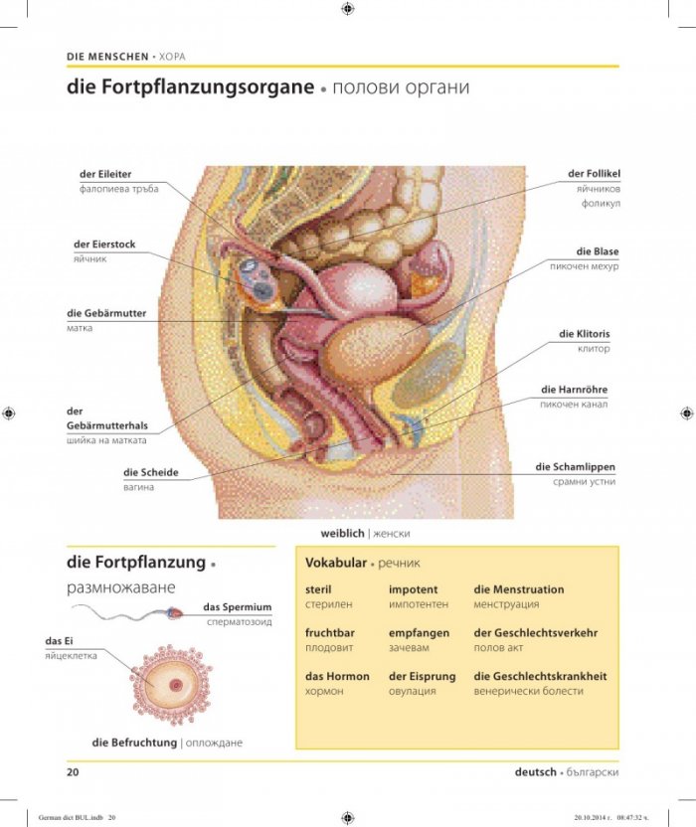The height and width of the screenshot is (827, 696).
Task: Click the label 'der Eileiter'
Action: tap(105, 174)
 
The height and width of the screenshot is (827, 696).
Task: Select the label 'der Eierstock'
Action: tap(104, 245)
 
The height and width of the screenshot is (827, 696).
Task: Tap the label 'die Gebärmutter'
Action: tap(106, 313)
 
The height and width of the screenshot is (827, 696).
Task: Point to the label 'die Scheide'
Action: tap(151, 472)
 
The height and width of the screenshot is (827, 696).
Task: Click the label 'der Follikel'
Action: tap(595, 174)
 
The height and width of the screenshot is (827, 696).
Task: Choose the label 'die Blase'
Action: tap(598, 251)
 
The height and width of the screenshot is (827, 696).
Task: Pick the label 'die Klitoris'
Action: tap(584, 334)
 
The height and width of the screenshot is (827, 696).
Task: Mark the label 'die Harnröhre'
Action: tap(574, 390)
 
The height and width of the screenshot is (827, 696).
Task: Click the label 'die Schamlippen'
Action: tap(575, 467)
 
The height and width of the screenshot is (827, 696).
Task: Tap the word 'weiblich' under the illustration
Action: tap(342, 533)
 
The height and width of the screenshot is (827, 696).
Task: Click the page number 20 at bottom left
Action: tap(73, 772)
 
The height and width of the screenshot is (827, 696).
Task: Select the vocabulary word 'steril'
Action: tap(318, 589)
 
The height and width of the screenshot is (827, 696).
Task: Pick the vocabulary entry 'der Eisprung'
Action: tap(423, 677)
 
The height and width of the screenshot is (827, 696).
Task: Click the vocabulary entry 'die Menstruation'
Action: tap(519, 589)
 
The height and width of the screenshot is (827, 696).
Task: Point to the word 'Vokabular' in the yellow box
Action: tap(336, 563)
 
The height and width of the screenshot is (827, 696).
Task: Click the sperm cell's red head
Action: tap(175, 613)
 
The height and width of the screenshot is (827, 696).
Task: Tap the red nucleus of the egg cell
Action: tap(176, 686)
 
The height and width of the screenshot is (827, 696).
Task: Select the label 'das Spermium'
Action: tap(238, 607)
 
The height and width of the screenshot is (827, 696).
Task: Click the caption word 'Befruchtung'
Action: tap(142, 743)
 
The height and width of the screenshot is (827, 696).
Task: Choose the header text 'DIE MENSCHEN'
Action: tap(107, 57)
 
